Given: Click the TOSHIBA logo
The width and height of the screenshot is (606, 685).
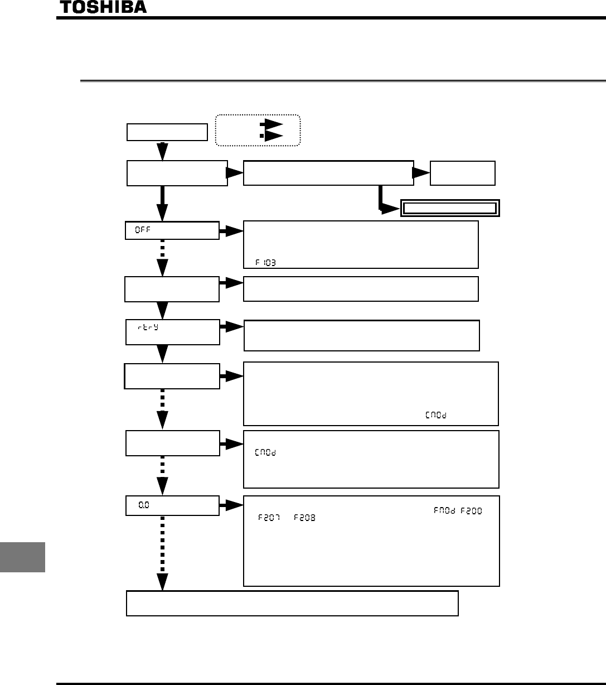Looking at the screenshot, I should click(103, 7).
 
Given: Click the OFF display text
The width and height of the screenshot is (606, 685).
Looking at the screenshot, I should click(143, 231).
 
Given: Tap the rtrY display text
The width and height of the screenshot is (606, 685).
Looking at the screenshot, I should click(148, 327).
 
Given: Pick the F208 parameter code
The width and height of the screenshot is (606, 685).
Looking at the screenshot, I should click(305, 518).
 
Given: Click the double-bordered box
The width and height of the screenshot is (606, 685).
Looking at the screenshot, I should click(449, 208).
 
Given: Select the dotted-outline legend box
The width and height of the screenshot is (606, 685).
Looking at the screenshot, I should click(258, 131).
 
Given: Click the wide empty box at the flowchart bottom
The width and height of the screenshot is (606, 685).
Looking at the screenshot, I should click(292, 603).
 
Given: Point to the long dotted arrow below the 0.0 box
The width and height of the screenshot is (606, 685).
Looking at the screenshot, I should click(162, 552).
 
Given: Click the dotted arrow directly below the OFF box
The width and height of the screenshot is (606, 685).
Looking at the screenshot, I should click(162, 258).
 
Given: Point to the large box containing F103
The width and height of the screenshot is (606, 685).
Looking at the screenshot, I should click(361, 244).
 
